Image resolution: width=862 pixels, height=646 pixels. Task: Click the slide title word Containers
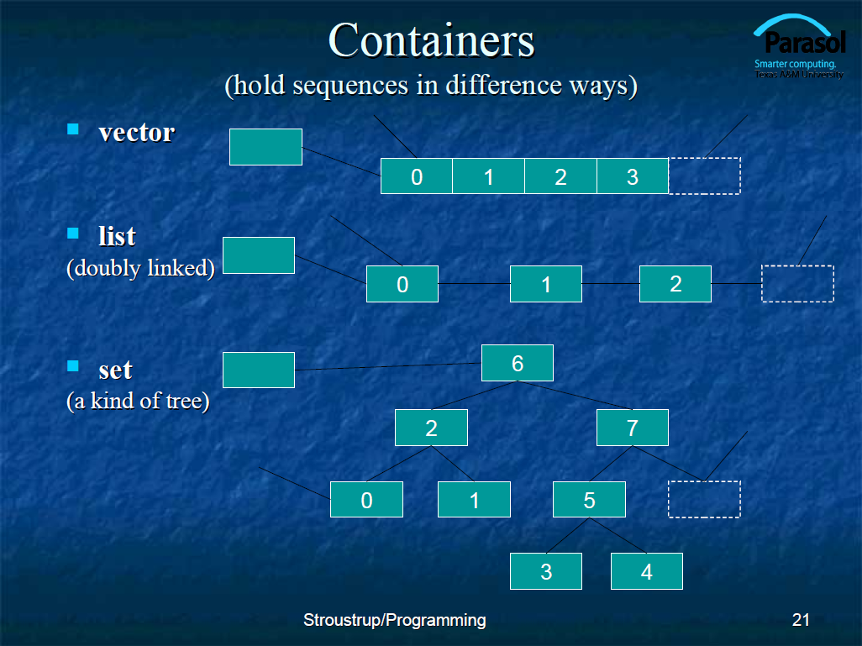click(431, 40)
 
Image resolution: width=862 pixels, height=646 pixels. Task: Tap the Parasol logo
click(799, 47)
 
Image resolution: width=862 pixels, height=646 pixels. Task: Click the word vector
click(136, 133)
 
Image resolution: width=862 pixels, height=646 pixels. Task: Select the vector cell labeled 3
click(632, 176)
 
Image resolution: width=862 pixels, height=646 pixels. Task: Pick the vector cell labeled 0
click(416, 176)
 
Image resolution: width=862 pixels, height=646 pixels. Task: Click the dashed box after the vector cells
click(705, 176)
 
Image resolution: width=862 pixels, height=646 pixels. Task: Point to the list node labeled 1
click(546, 284)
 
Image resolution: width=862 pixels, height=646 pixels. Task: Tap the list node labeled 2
click(675, 284)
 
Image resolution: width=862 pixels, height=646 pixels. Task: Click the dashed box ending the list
click(797, 284)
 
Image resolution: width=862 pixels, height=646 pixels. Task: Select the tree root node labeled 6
click(518, 363)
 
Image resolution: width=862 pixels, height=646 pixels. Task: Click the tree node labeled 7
click(632, 428)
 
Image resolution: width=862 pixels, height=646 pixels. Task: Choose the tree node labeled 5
click(589, 499)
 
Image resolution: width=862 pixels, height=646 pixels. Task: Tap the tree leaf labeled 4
click(647, 571)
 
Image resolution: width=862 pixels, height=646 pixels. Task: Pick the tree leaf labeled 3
click(546, 571)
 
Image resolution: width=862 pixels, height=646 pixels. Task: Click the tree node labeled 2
click(431, 428)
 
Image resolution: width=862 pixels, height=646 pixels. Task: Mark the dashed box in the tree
click(704, 499)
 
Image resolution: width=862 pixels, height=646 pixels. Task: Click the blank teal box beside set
click(259, 370)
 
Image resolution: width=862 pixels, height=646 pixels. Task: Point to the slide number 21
click(801, 620)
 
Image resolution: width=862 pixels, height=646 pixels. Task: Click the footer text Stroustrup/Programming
click(395, 620)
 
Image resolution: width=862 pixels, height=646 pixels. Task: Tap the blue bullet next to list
click(72, 233)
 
